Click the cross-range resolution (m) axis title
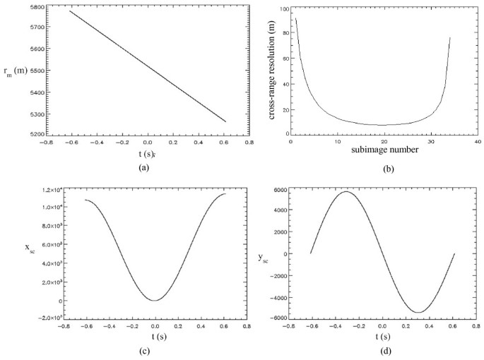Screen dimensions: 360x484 [271, 70]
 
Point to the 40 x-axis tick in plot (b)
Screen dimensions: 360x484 [478, 142]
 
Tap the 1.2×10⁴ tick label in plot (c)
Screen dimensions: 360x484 [41, 191]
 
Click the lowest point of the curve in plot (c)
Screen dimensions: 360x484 [155, 300]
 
